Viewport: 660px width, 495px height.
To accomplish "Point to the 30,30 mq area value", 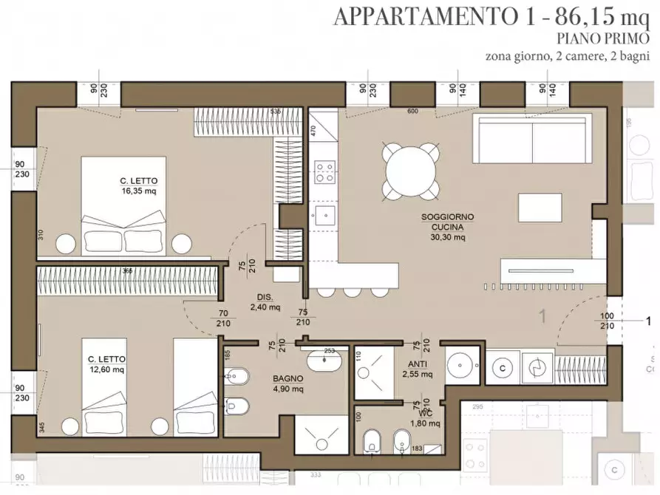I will click(x=447, y=238).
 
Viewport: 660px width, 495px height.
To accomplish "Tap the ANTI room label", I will click(x=416, y=364).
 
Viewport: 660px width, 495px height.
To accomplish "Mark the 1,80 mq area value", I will click(x=425, y=423).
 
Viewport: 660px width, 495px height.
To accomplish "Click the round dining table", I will click(x=409, y=169).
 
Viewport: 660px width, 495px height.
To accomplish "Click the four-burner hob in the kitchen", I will click(x=324, y=172).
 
